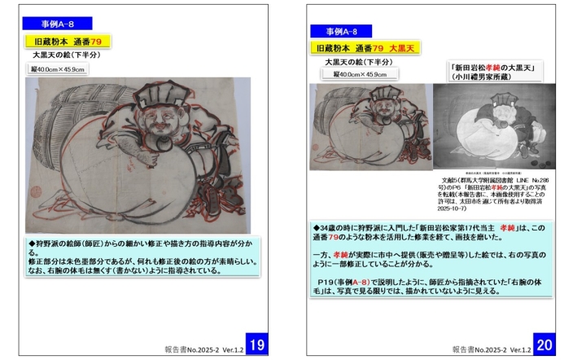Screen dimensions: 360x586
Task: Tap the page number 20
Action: click(544, 344)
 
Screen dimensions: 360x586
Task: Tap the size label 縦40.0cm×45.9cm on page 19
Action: click(59, 69)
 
